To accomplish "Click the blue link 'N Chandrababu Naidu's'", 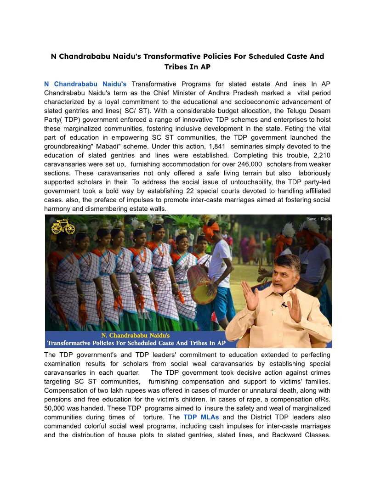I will coord(85,84).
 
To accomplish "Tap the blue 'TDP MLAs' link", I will coord(201,417).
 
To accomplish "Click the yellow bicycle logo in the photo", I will coord(63,226).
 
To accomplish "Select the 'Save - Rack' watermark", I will coord(318,219).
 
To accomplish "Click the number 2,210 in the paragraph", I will coord(318,155).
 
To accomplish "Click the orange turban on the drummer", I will coord(211,228).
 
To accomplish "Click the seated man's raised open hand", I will coord(249,294).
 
